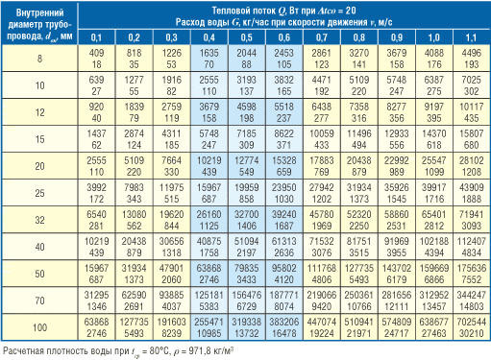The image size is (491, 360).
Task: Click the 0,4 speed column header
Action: (x=209, y=37)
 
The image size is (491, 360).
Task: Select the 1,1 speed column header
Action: (x=471, y=37)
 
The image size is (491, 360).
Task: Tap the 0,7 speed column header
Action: (x=321, y=37)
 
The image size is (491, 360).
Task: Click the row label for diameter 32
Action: (x=39, y=220)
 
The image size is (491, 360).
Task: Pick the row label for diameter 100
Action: (x=39, y=327)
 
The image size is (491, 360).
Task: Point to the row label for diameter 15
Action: (x=39, y=139)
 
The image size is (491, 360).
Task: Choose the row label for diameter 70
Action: (x=39, y=300)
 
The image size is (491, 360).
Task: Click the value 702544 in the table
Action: (x=471, y=322)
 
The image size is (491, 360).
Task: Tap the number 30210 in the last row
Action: (x=471, y=333)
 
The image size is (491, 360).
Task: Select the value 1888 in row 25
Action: (x=471, y=199)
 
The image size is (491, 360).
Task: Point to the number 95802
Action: (x=284, y=268)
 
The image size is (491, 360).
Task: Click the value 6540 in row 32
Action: (x=96, y=214)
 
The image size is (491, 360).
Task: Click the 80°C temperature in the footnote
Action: (x=160, y=351)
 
